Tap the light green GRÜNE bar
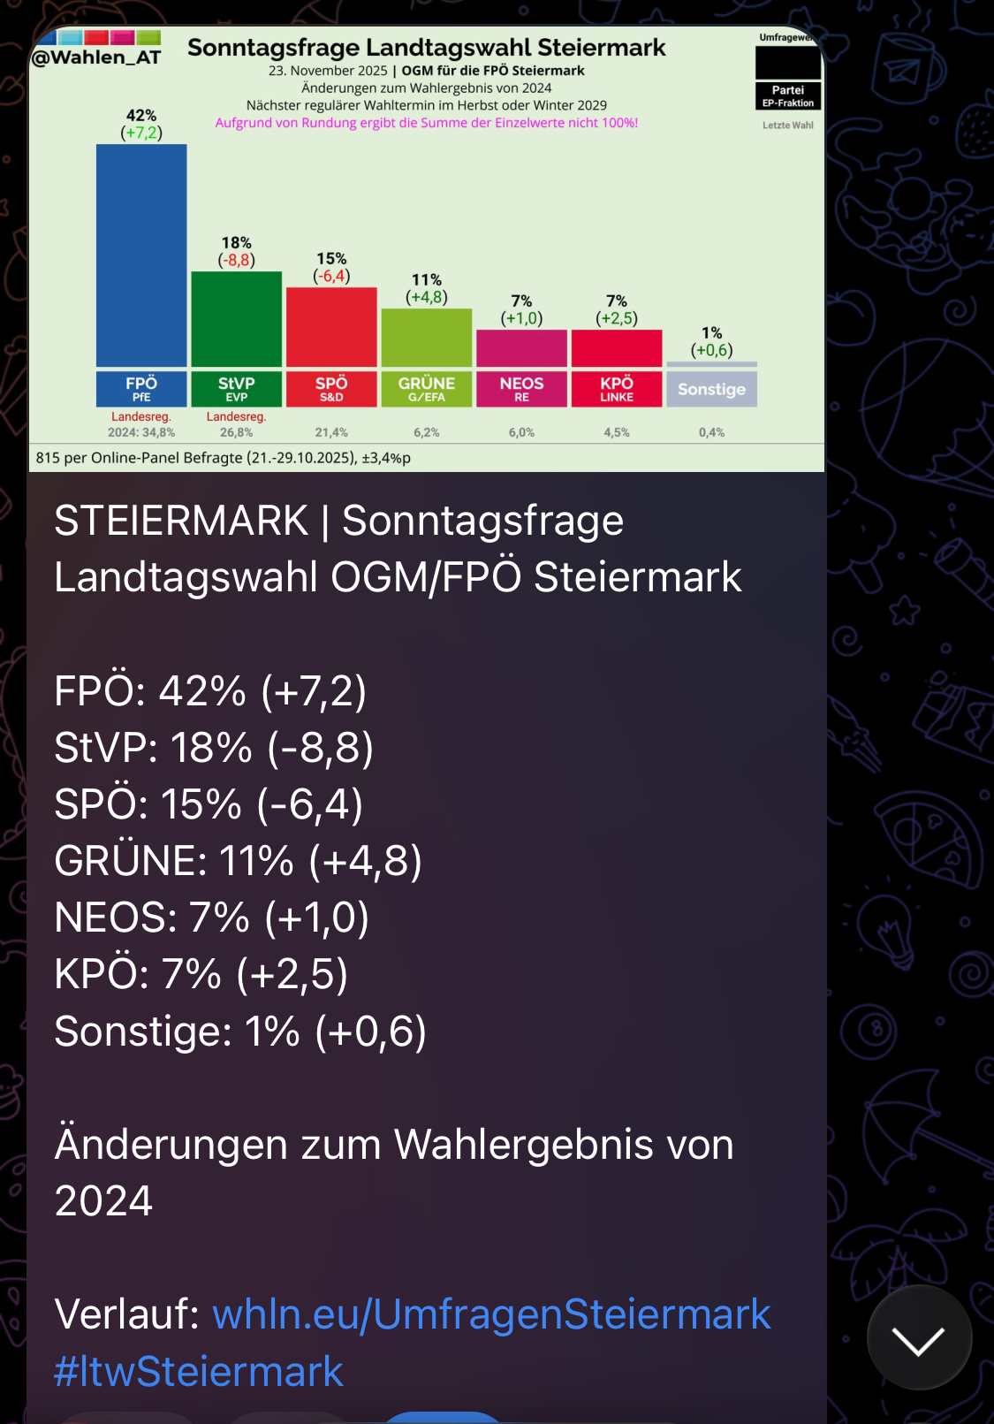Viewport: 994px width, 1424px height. pyautogui.click(x=426, y=337)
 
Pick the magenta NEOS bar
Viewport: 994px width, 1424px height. pyautogui.click(x=521, y=348)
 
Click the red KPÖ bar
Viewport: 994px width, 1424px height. pyautogui.click(x=617, y=348)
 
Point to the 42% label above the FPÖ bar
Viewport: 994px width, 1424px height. pyautogui.click(x=141, y=116)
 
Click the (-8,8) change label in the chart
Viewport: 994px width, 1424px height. pyautogui.click(x=236, y=260)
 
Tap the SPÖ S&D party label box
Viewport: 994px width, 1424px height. pyautogui.click(x=331, y=389)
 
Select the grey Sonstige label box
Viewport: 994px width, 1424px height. pyautogui.click(x=711, y=389)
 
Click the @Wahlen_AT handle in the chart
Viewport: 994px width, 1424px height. pyautogui.click(x=96, y=57)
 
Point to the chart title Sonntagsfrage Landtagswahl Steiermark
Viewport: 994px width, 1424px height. pyautogui.click(x=426, y=48)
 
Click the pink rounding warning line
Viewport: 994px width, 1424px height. pyautogui.click(x=426, y=123)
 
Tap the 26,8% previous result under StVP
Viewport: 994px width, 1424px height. pyautogui.click(x=236, y=432)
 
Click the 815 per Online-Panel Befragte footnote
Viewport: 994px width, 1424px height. pyautogui.click(x=223, y=458)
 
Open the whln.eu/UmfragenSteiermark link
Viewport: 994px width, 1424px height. pyautogui.click(x=491, y=1314)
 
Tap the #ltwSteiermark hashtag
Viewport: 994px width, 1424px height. pyautogui.click(x=198, y=1371)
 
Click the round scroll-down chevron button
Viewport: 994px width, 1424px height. pyautogui.click(x=919, y=1338)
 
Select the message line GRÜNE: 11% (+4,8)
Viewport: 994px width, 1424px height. pyautogui.click(x=238, y=861)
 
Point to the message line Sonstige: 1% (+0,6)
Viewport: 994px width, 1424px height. pyautogui.click(x=240, y=1031)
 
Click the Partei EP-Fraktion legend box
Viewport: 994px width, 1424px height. pyautogui.click(x=788, y=95)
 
